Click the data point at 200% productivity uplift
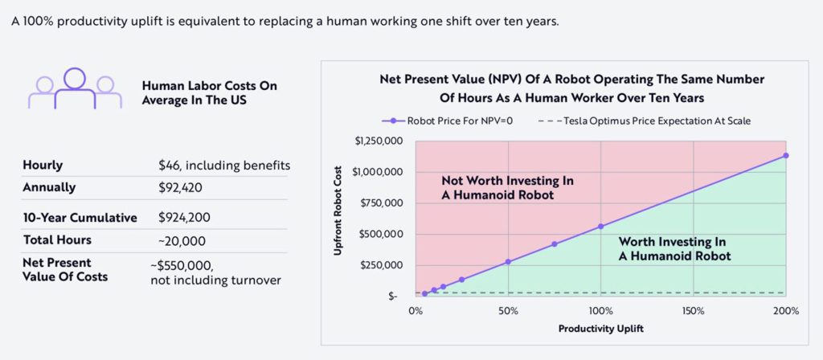tap(785, 155)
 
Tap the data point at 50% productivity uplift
tap(508, 262)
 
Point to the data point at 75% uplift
tap(555, 244)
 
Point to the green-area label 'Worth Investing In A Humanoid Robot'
tap(673, 249)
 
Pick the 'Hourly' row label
tap(43, 166)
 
